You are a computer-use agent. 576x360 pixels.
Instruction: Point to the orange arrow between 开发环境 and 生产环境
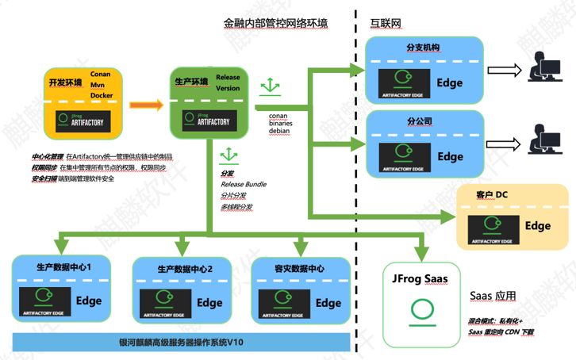pyautogui.click(x=145, y=103)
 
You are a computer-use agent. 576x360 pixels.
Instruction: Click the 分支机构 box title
pyautogui.click(x=423, y=48)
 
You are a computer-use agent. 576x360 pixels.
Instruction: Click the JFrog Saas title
pyautogui.click(x=420, y=279)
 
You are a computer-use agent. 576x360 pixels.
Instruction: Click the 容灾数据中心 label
pyautogui.click(x=298, y=269)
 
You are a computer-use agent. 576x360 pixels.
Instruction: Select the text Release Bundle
pyautogui.click(x=244, y=184)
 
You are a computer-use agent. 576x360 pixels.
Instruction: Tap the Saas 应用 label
pyautogui.click(x=493, y=296)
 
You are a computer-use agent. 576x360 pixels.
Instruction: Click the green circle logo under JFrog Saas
pyautogui.click(x=420, y=310)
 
